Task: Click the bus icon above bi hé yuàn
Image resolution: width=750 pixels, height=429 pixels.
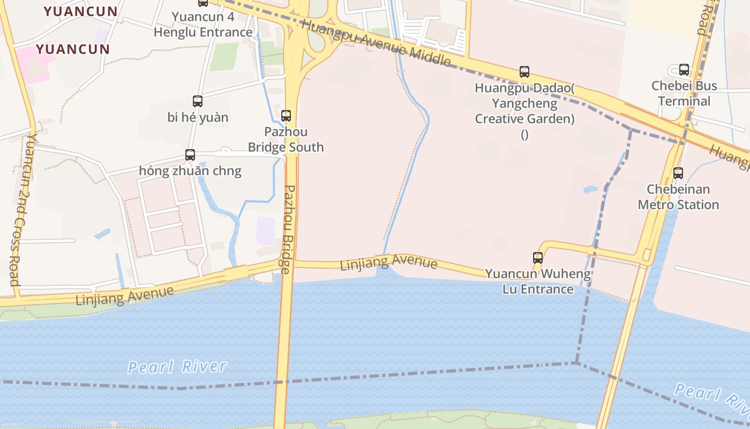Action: pyautogui.click(x=198, y=101)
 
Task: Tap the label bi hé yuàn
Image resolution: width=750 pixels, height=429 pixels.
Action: pyautogui.click(x=198, y=117)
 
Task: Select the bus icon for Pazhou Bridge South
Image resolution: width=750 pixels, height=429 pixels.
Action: pyautogui.click(x=286, y=115)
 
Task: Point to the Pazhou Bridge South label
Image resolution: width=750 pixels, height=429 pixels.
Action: pyautogui.click(x=286, y=139)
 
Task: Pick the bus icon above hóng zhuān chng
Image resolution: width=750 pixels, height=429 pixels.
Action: pyautogui.click(x=190, y=155)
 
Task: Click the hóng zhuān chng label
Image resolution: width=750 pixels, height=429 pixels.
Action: pyautogui.click(x=190, y=171)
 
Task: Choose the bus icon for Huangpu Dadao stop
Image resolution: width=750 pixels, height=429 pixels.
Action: pyautogui.click(x=524, y=72)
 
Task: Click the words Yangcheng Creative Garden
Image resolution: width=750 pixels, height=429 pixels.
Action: pyautogui.click(x=524, y=111)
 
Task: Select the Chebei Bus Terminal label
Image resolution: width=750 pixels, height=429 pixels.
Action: pyautogui.click(x=684, y=93)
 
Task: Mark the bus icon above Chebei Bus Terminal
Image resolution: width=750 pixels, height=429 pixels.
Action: pyautogui.click(x=684, y=70)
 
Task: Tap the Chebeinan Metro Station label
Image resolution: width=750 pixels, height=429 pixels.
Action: pyautogui.click(x=678, y=197)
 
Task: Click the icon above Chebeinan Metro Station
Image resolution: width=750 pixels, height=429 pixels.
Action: pyautogui.click(x=678, y=173)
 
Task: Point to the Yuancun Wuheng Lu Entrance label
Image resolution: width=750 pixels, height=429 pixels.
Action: pyautogui.click(x=538, y=282)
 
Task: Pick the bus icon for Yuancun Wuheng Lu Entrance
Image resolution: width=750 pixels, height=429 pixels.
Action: pyautogui.click(x=538, y=257)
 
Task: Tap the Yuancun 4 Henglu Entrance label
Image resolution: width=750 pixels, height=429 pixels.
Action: pyautogui.click(x=203, y=24)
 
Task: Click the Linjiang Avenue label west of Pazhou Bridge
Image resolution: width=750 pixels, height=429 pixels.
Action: pyautogui.click(x=125, y=295)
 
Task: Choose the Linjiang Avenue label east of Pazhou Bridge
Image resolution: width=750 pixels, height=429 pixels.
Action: pyautogui.click(x=388, y=263)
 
